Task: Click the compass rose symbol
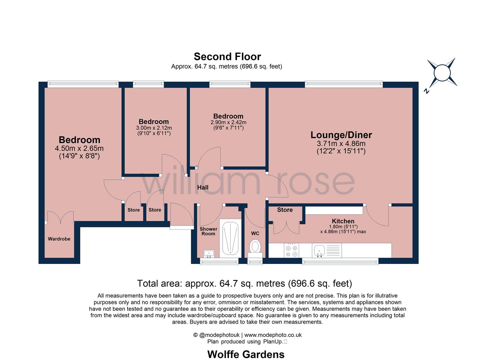coord(442,73)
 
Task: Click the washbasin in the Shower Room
coord(209,253)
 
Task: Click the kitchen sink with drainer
coord(327,250)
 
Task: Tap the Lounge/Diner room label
coord(341,135)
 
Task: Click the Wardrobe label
coord(59,239)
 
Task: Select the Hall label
coord(203,187)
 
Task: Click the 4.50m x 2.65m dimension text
coord(79,148)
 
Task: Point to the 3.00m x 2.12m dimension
coord(154,128)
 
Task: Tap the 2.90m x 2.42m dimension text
coord(228,122)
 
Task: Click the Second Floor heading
coord(227,56)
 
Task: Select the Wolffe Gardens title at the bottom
coord(246,354)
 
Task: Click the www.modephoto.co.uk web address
coord(273,335)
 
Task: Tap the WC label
coord(255,233)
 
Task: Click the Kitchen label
coord(343,221)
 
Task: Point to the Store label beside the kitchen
coord(285,210)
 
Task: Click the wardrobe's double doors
coord(60,217)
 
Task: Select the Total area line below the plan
coord(244,283)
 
